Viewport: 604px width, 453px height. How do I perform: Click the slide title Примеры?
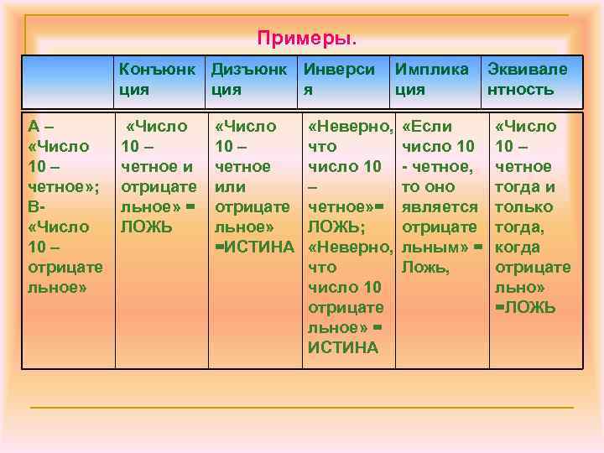coord(306,39)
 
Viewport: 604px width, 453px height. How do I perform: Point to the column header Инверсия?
coord(339,79)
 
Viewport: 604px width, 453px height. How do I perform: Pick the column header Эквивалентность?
coord(527,79)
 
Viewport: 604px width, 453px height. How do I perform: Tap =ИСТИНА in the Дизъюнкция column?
coord(254,247)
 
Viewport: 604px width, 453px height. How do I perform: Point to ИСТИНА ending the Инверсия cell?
coord(342,348)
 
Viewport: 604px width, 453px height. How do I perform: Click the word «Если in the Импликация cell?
coord(427,127)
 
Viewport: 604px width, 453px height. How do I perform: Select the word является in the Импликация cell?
coord(440,207)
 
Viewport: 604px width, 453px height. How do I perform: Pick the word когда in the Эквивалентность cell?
coord(518,247)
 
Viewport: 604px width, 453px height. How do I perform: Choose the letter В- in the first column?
coord(36,207)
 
